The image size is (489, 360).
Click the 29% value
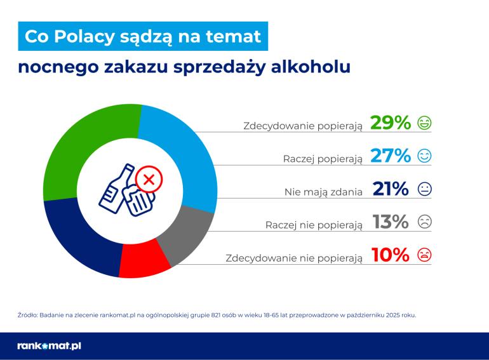(x=390, y=123)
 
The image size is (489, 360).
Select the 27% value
(x=390, y=156)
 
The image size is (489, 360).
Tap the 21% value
(x=390, y=189)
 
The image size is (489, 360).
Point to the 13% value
(x=390, y=222)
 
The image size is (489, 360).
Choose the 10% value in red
(x=390, y=255)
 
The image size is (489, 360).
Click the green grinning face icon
(x=424, y=123)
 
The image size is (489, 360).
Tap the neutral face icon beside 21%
(x=424, y=189)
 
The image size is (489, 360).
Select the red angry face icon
(x=424, y=255)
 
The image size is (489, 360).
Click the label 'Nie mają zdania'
(x=323, y=190)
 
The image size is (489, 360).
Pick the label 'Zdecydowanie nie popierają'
(x=294, y=257)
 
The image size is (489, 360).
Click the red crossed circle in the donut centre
(x=149, y=180)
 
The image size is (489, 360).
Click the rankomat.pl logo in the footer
(x=49, y=346)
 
